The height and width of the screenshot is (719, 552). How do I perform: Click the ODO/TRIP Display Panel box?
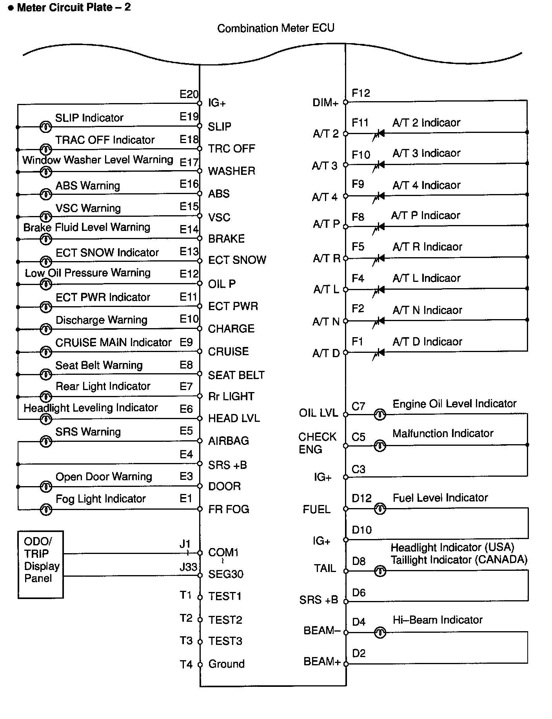(x=40, y=564)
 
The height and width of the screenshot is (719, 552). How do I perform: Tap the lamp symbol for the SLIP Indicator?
(x=46, y=127)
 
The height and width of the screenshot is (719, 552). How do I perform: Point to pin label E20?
(x=189, y=94)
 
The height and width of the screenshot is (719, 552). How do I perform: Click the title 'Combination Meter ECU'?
(x=276, y=28)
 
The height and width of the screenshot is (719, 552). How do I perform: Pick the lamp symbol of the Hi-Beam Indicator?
(x=380, y=632)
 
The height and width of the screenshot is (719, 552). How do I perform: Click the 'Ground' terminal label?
(x=226, y=664)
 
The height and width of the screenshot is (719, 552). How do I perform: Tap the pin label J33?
(x=188, y=567)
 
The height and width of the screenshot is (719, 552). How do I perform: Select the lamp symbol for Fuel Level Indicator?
(x=380, y=509)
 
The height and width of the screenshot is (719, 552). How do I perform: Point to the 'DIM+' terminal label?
(x=325, y=103)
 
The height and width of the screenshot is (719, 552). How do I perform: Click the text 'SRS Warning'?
(x=88, y=432)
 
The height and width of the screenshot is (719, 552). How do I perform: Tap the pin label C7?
(x=358, y=406)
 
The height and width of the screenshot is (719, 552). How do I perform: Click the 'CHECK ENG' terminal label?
(x=317, y=443)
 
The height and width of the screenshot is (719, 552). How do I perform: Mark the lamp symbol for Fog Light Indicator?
(x=46, y=509)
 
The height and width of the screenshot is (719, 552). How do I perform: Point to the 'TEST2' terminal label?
(x=225, y=620)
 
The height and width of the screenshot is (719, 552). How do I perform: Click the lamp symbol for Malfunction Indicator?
(x=380, y=446)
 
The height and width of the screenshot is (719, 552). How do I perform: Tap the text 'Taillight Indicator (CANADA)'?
(x=459, y=559)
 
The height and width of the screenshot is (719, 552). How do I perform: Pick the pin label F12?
(x=361, y=93)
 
